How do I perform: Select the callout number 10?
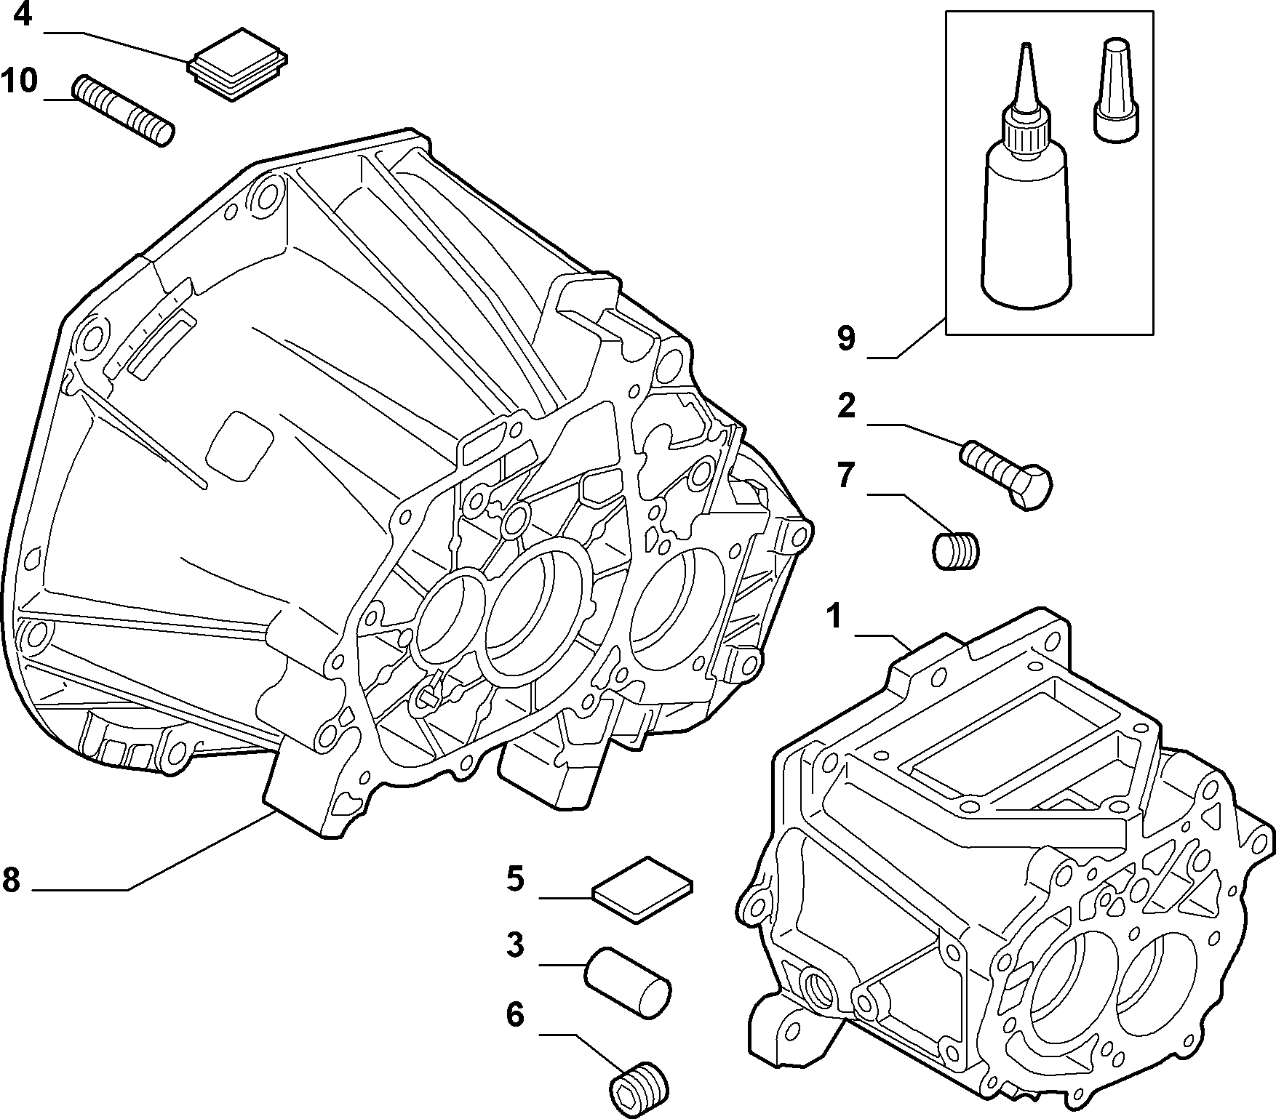click(20, 81)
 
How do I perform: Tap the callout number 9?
click(846, 338)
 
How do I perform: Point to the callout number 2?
click(846, 406)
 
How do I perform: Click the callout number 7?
click(845, 475)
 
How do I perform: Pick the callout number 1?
click(834, 617)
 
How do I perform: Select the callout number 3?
click(515, 946)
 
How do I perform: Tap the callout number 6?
click(515, 1015)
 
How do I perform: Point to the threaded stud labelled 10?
click(124, 111)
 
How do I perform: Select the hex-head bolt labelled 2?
click(1007, 475)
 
